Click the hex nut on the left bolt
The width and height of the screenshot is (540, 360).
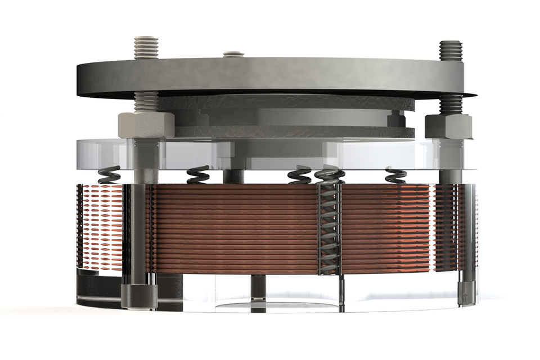point(146,124)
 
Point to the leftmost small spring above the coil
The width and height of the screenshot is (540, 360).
point(109,177)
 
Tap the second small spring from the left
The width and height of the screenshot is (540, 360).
point(198,175)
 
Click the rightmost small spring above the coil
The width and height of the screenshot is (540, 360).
point(395,175)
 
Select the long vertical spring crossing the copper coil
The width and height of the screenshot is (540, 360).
point(329,225)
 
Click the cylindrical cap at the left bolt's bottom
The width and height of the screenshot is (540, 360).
point(139,296)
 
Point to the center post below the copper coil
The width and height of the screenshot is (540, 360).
point(258,288)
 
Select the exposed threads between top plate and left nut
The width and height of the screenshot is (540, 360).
point(146,101)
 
